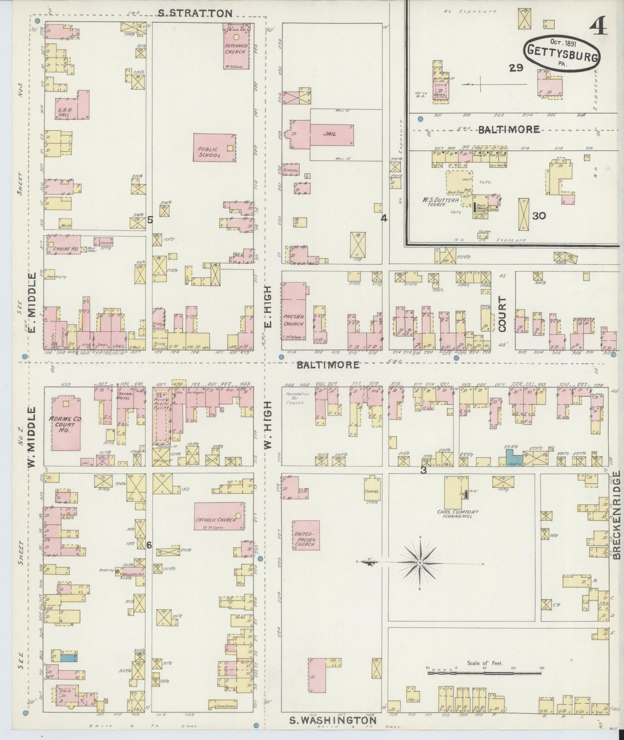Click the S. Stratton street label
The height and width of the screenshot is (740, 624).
[x=195, y=13]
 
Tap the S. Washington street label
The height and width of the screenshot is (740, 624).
[x=333, y=720]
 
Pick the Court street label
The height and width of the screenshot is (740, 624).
[x=502, y=314]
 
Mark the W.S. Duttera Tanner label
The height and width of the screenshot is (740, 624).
[x=434, y=203]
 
